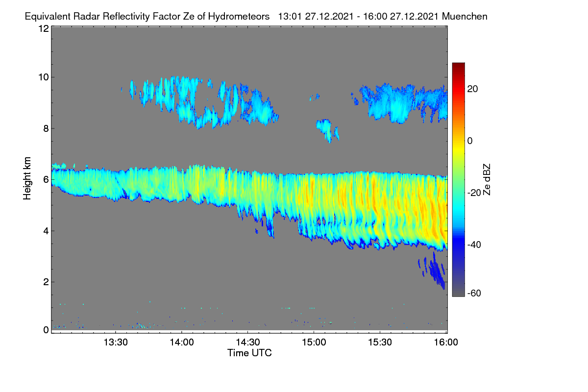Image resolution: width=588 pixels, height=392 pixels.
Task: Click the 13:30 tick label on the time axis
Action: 116,343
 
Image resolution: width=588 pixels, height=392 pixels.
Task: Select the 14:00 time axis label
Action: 182,343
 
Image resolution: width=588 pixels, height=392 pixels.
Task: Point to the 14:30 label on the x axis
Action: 248,343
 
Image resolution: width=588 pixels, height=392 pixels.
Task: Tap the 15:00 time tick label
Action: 314,343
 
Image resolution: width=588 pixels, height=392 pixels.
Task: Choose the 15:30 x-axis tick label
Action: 380,343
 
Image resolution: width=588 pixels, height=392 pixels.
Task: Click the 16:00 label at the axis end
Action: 446,343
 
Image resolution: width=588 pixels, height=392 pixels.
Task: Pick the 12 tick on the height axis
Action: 44,28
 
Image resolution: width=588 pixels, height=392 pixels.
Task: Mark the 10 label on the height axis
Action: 44,77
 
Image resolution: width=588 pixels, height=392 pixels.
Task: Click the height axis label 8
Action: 46,129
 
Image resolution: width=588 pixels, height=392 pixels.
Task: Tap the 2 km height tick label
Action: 46,282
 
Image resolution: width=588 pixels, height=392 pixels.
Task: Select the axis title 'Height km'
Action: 27,178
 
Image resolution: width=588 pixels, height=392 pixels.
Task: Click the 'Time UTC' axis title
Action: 249,353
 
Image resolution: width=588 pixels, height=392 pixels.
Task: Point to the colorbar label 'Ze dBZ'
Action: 487,180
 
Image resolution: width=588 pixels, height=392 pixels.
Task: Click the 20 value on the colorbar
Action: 472,89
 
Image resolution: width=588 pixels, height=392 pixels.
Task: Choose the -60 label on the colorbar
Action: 474,294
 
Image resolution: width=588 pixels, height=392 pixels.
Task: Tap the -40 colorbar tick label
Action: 474,245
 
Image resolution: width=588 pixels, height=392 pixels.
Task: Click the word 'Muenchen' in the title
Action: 465,17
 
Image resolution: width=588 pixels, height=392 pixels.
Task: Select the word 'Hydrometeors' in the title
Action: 239,17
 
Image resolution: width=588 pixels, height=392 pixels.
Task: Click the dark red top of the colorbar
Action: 459,66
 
